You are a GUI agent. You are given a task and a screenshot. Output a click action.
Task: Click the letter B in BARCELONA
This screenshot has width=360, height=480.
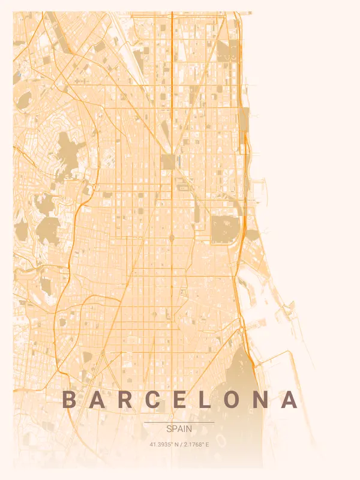tap(70, 400)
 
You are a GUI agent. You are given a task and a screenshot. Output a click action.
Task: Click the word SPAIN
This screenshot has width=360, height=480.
tap(179, 429)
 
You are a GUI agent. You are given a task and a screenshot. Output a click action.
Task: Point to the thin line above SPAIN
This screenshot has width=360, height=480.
tap(179, 422)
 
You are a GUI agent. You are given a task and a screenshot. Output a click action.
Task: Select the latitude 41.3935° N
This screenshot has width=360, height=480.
tap(164, 445)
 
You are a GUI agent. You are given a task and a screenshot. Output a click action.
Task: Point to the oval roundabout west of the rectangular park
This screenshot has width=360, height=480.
tap(172, 238)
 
